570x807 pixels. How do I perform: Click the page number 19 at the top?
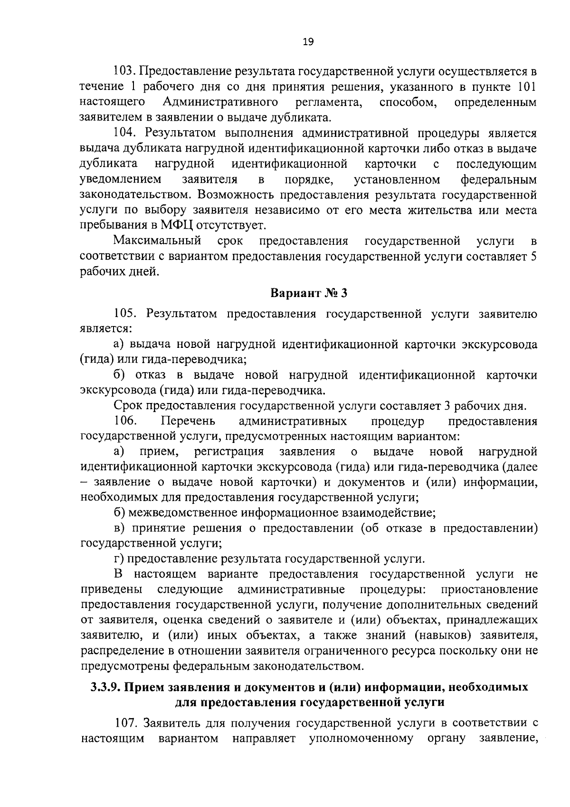click(x=308, y=42)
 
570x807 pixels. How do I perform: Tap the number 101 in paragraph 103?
click(x=527, y=87)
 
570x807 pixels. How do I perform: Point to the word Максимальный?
click(x=157, y=241)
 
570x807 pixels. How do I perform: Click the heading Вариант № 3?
click(x=309, y=293)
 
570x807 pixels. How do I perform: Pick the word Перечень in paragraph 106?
click(x=188, y=421)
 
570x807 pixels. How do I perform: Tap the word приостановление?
click(x=489, y=590)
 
